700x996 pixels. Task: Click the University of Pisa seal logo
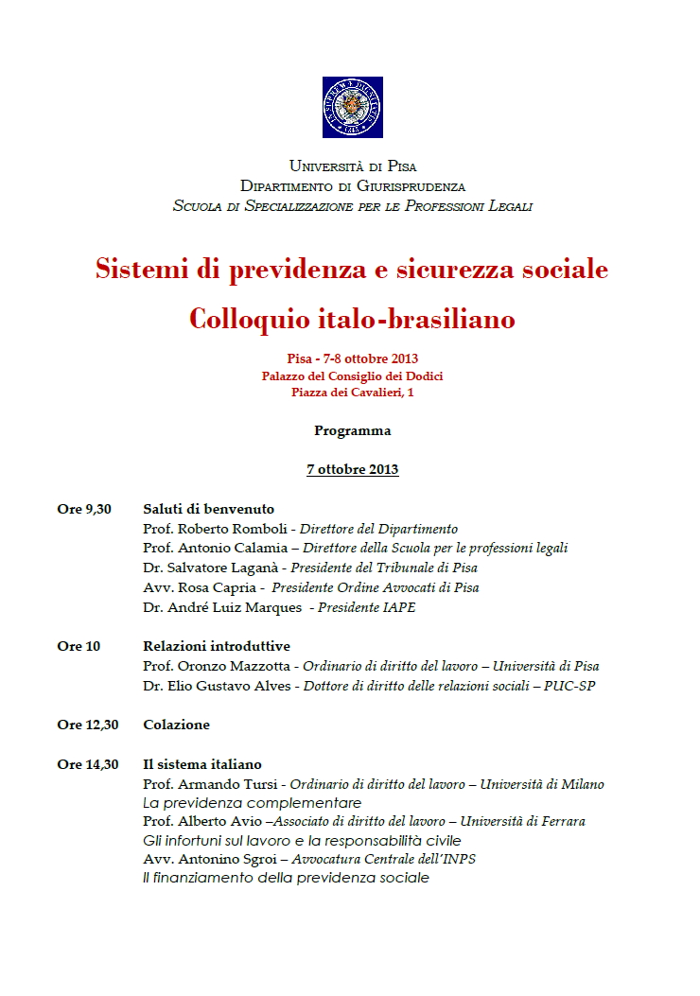(352, 107)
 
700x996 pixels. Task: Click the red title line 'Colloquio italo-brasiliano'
(352, 319)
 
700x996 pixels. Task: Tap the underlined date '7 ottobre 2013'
(352, 469)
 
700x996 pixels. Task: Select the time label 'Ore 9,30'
(84, 509)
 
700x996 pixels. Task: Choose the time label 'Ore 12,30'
(88, 725)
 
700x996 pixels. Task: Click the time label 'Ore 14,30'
(88, 764)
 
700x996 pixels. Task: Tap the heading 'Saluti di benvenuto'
(208, 509)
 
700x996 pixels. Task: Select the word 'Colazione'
(176, 725)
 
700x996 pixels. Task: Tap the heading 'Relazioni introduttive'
(216, 646)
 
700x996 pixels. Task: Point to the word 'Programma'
(352, 430)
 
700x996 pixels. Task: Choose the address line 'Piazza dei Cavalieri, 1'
(352, 393)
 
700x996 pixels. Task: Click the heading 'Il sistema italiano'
(201, 764)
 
